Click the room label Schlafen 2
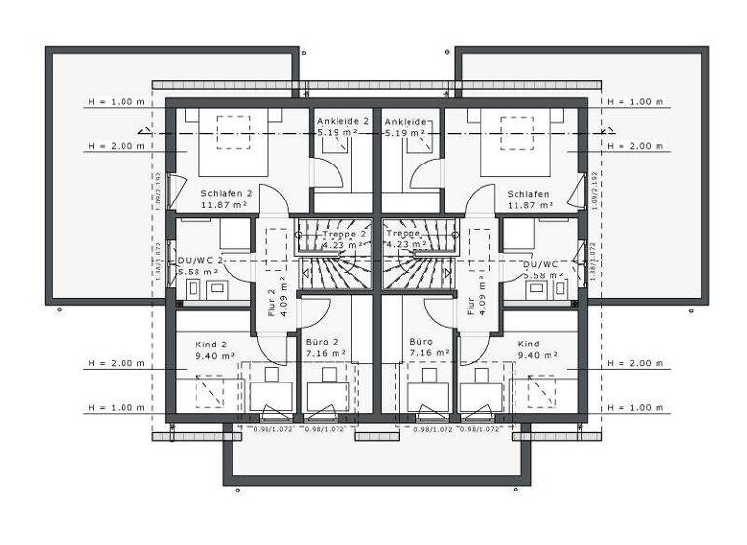[x=226, y=194]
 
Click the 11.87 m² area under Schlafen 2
[x=225, y=206]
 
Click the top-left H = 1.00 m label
[x=115, y=101]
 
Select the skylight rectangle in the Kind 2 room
[x=212, y=390]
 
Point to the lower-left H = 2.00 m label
[x=115, y=363]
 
